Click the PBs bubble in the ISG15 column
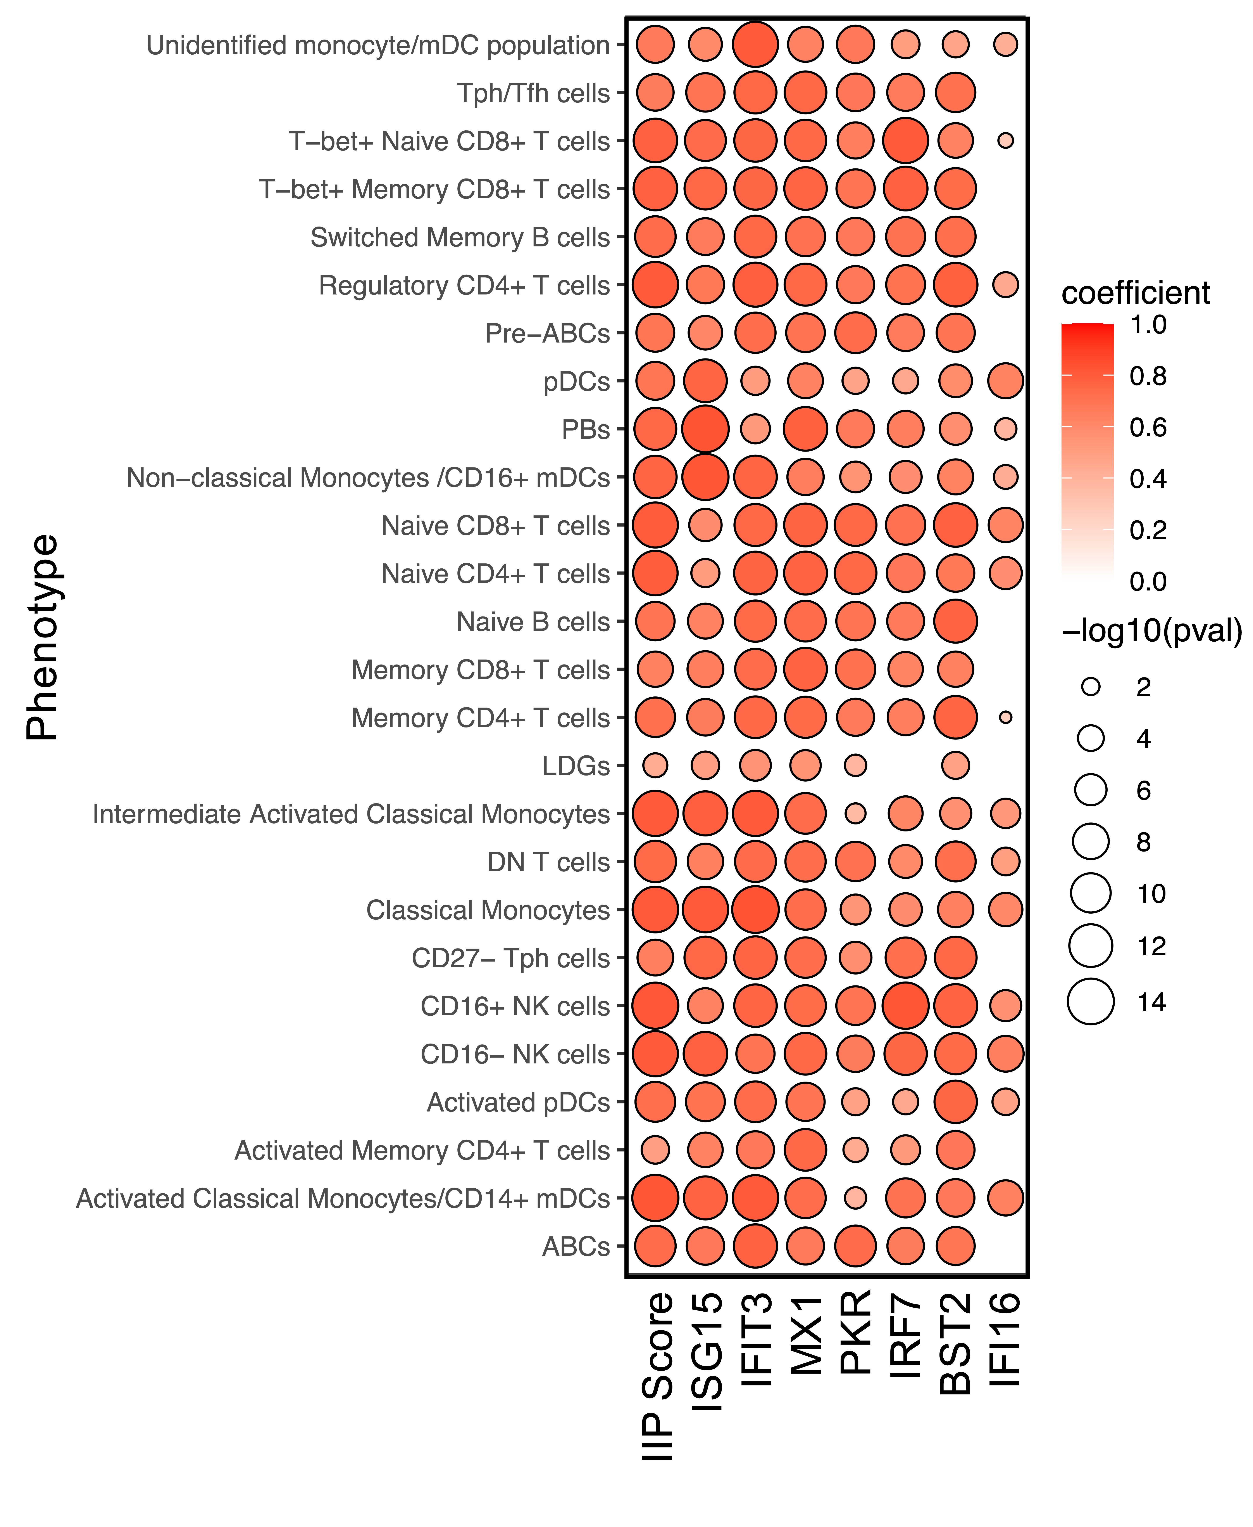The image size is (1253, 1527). click(705, 429)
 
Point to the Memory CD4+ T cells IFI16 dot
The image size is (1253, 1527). click(1005, 718)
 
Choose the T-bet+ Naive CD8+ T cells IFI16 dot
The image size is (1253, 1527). click(1005, 141)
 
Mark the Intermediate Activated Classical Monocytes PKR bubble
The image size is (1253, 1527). click(855, 814)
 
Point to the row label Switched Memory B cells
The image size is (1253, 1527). click(460, 237)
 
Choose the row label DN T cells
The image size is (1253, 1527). click(548, 862)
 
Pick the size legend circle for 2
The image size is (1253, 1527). click(1091, 687)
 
